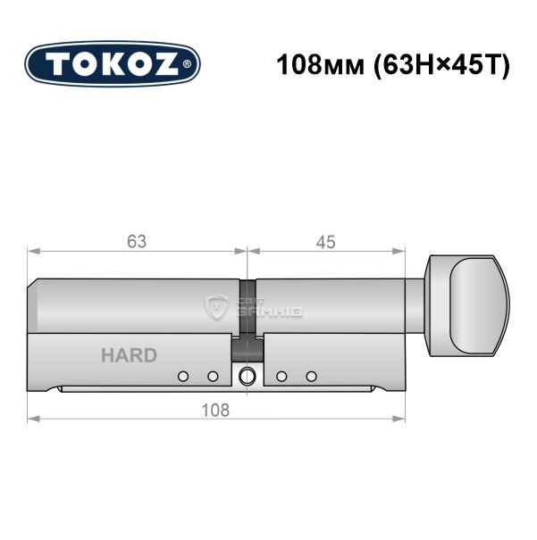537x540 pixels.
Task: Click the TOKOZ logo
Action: (x=113, y=64)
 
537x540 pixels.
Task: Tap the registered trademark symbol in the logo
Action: (x=186, y=64)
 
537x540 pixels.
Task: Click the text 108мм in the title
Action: (x=321, y=65)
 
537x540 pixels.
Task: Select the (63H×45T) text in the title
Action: (x=441, y=65)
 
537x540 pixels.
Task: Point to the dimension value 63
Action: (x=137, y=241)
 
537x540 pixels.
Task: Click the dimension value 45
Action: (x=325, y=242)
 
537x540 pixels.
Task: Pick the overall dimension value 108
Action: (x=215, y=411)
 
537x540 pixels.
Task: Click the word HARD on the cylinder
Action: (x=130, y=355)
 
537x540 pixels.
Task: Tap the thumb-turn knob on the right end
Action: (x=467, y=306)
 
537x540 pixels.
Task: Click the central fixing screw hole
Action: (x=248, y=376)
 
